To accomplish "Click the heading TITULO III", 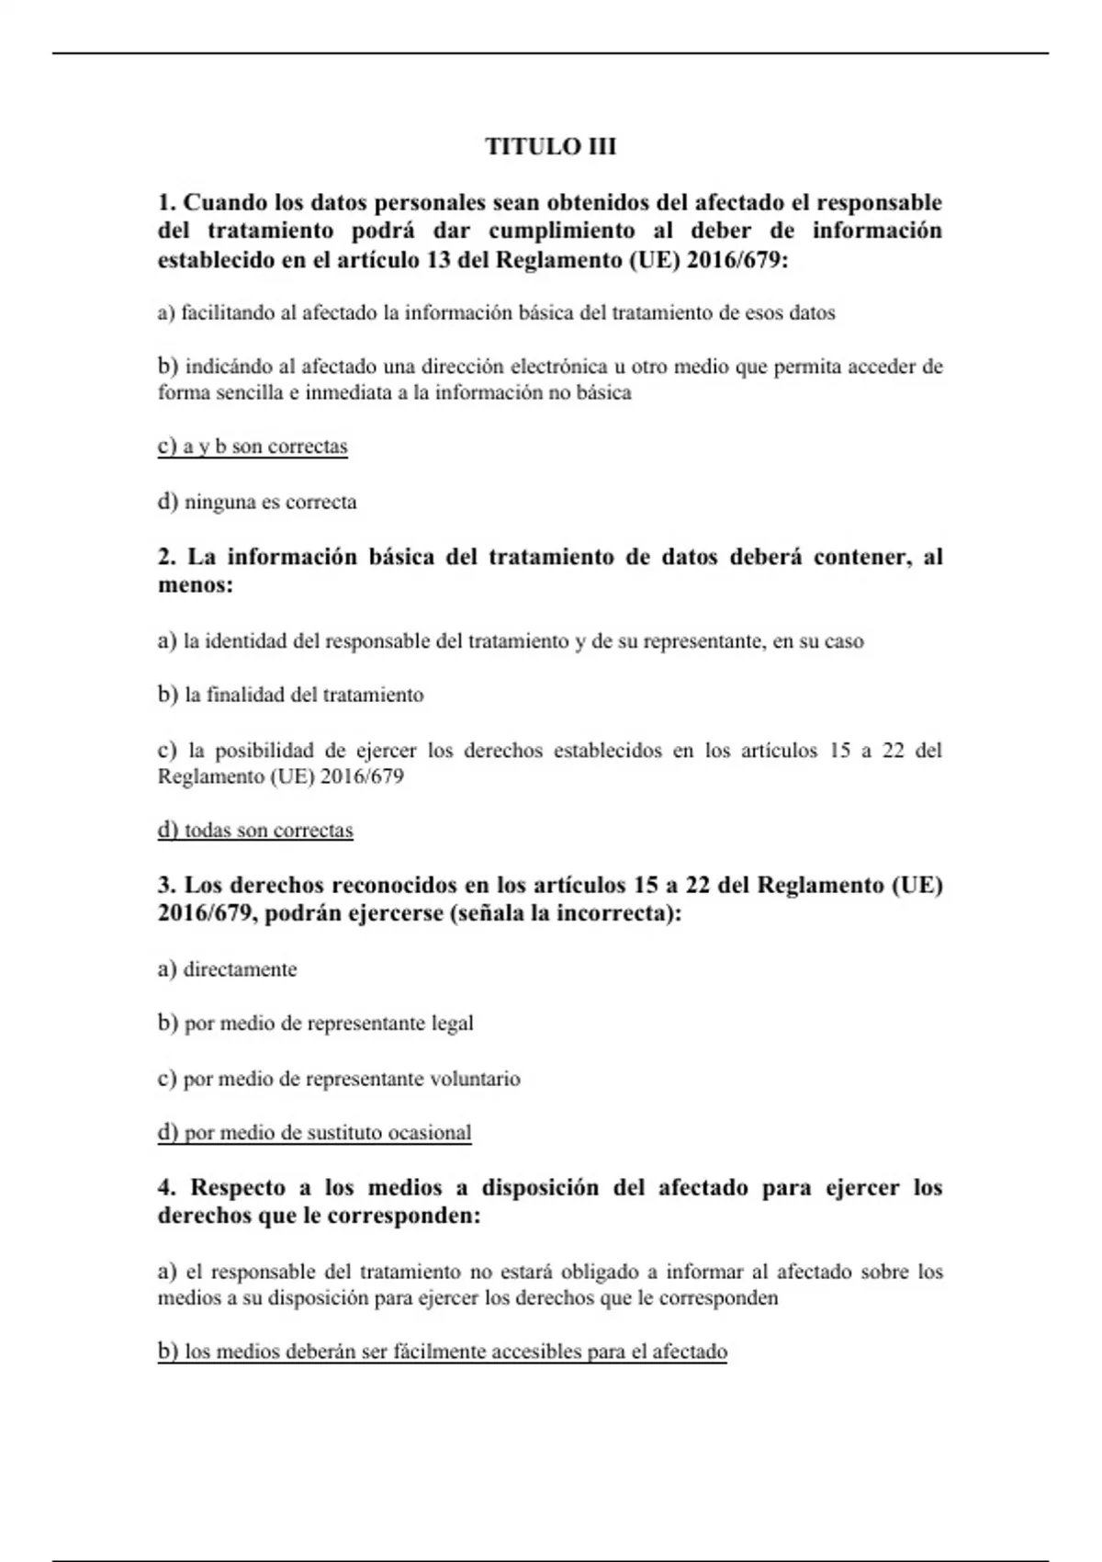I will click(550, 147).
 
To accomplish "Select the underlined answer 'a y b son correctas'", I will click(253, 447).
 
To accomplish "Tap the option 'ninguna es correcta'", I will click(257, 503).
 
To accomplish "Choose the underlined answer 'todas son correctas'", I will click(255, 831).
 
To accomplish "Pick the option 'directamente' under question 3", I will click(228, 969).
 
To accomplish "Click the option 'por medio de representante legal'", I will click(316, 1024).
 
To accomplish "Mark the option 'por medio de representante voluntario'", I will click(339, 1079).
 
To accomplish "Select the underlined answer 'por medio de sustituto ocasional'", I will click(314, 1133).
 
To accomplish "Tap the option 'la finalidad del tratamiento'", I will click(291, 695).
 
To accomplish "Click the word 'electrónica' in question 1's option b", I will click(559, 367).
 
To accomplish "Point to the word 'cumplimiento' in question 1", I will click(562, 231).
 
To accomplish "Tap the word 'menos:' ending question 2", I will click(196, 585).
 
